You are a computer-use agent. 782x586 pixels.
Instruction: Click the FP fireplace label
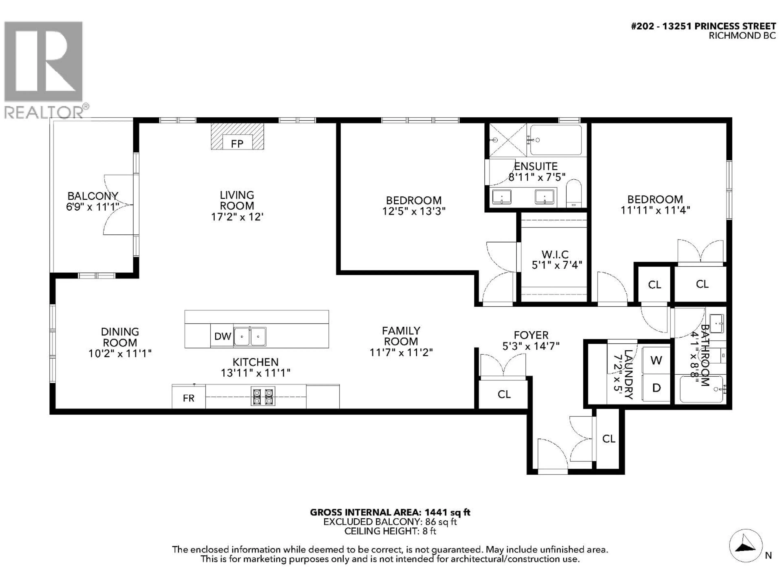pyautogui.click(x=237, y=143)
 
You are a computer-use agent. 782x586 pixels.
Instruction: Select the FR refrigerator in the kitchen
pyautogui.click(x=188, y=398)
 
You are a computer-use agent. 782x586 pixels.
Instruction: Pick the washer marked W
pyautogui.click(x=656, y=360)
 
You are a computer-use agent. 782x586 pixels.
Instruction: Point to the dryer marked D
pyautogui.click(x=656, y=388)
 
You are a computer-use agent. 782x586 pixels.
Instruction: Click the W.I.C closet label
pyautogui.click(x=555, y=254)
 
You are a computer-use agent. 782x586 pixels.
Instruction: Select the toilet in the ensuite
pyautogui.click(x=573, y=194)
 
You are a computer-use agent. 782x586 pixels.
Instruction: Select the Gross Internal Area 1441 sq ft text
pyautogui.click(x=390, y=512)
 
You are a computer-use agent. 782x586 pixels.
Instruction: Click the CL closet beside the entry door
pyautogui.click(x=608, y=439)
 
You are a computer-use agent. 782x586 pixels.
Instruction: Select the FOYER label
pyautogui.click(x=531, y=335)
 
